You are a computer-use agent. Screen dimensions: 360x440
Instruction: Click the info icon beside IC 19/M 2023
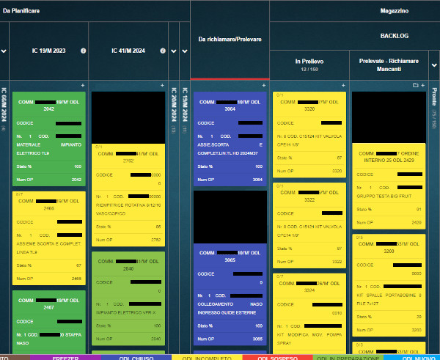(83, 51)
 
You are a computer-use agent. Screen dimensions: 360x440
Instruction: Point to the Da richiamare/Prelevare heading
(230, 39)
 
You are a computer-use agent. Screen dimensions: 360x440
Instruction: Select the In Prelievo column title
(309, 61)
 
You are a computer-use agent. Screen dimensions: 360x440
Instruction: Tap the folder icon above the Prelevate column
(416, 86)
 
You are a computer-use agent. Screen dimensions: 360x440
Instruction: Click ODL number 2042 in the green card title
(49, 109)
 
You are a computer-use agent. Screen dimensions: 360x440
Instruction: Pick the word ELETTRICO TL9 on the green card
(35, 153)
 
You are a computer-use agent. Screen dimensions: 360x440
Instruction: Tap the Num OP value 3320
(337, 170)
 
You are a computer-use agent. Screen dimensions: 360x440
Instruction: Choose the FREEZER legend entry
(65, 357)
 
